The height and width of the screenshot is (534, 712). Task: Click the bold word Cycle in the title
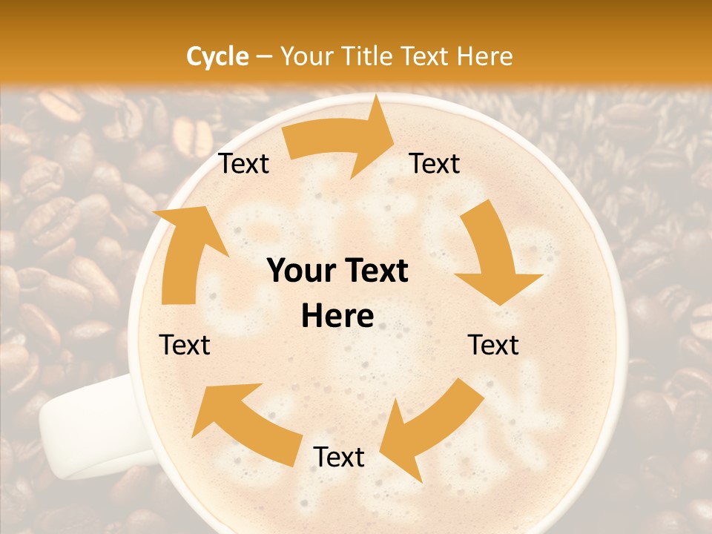[217, 56]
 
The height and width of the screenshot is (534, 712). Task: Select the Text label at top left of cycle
[243, 164]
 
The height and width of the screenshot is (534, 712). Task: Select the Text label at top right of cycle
[435, 164]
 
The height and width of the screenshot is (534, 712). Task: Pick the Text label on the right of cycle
[494, 345]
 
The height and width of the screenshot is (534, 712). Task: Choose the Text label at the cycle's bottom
[339, 458]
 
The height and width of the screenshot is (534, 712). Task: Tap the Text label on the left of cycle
[185, 345]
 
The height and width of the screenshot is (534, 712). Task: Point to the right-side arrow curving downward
[492, 252]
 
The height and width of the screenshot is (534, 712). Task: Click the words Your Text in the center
[337, 271]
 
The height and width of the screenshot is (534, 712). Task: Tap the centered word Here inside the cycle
[337, 317]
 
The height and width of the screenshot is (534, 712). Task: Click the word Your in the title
[306, 56]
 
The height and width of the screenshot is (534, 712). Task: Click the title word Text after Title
[429, 56]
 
